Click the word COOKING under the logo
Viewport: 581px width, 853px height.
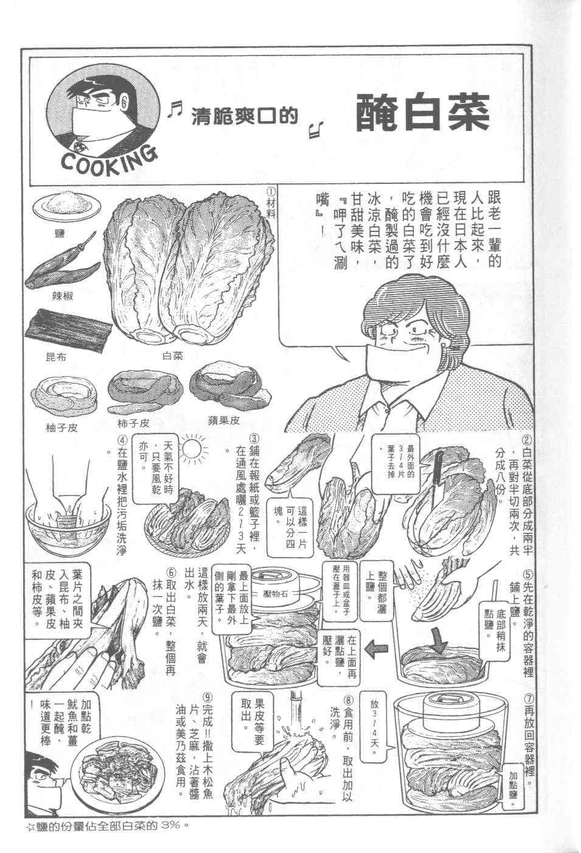109,161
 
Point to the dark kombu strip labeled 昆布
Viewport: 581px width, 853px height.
69,328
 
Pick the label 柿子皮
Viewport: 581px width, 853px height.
134,423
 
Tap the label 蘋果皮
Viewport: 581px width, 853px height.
224,420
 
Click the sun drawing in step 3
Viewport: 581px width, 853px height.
192,451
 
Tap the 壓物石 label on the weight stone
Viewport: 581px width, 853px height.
275,594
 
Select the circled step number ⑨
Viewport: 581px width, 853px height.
208,698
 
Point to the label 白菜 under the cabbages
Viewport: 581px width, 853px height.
173,356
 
